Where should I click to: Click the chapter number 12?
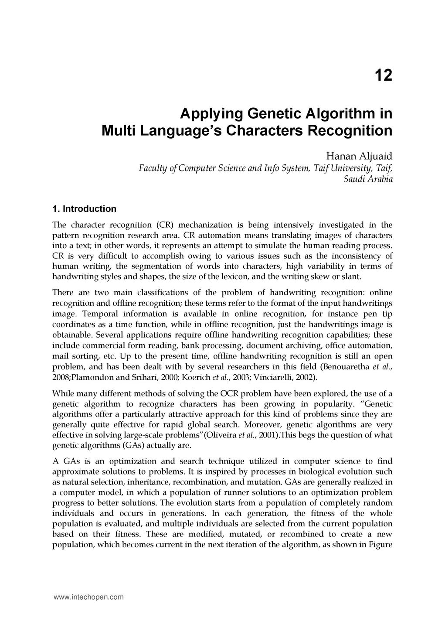click(x=383, y=76)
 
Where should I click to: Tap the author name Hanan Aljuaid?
click(x=360, y=156)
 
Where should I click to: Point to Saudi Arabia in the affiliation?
click(x=368, y=179)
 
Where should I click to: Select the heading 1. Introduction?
click(x=84, y=209)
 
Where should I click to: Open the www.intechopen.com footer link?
click(x=88, y=597)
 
